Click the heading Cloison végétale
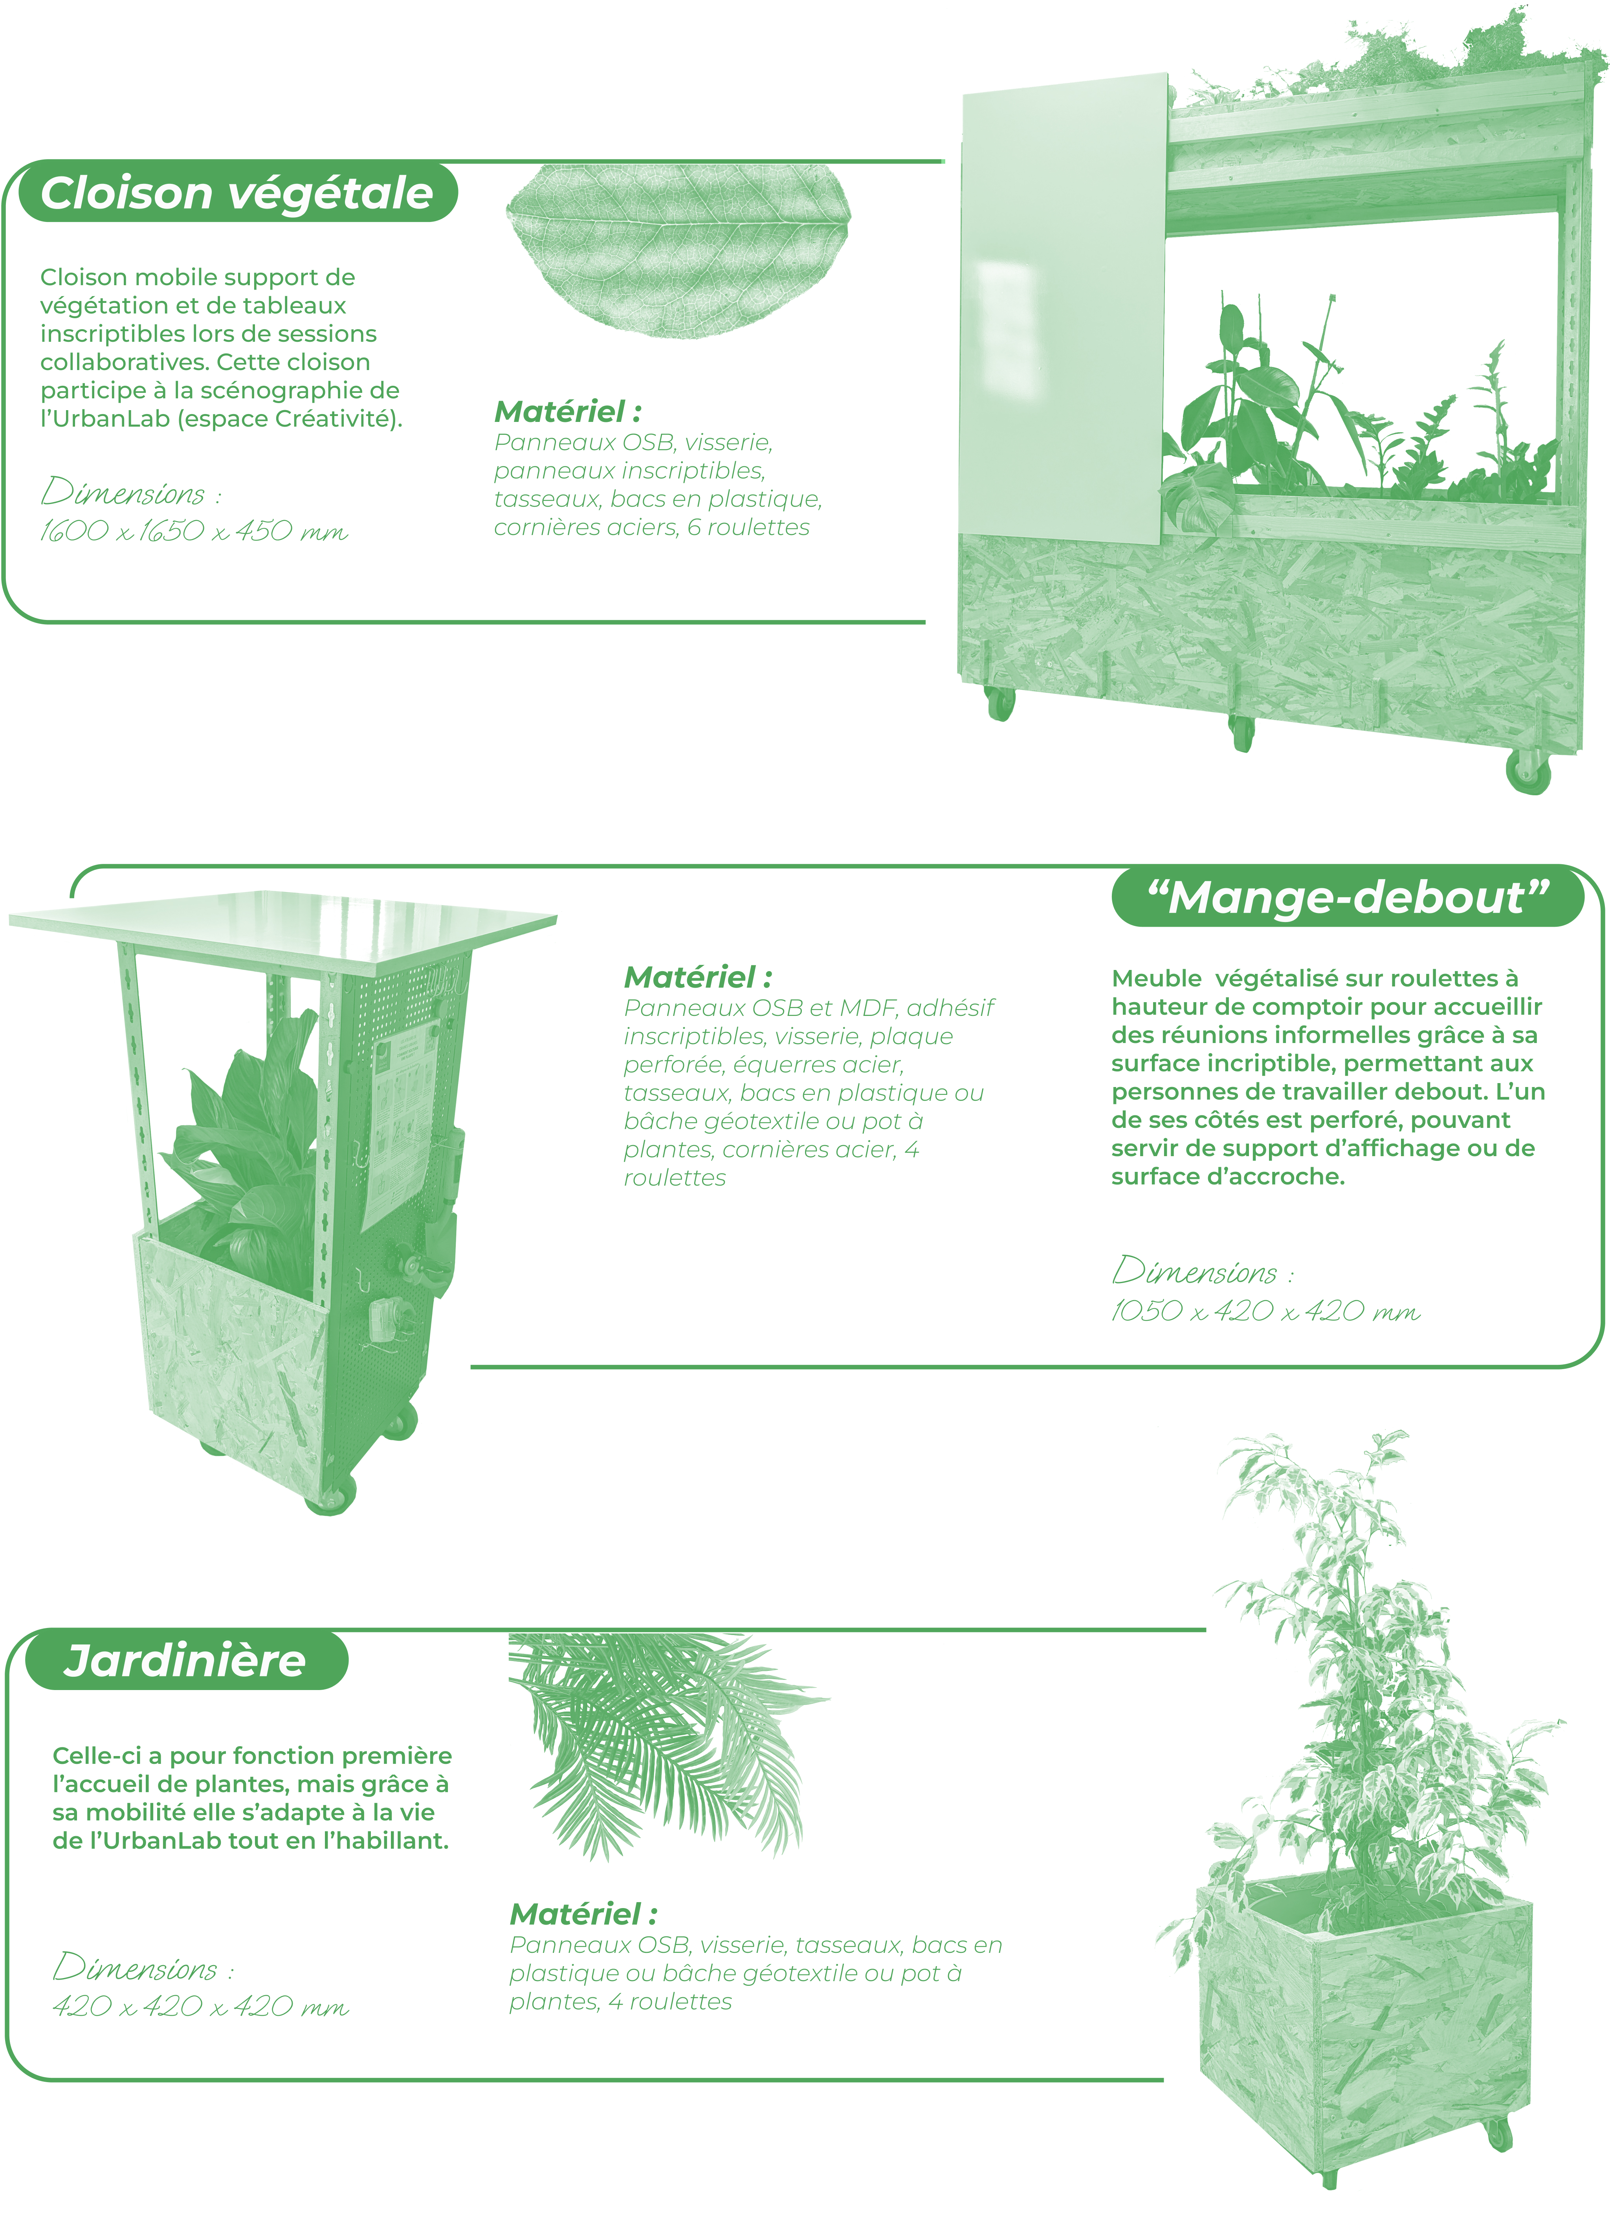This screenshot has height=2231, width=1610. point(237,193)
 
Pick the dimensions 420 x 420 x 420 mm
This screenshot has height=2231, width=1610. point(201,2007)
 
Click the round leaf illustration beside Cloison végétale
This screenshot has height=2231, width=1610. point(678,251)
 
